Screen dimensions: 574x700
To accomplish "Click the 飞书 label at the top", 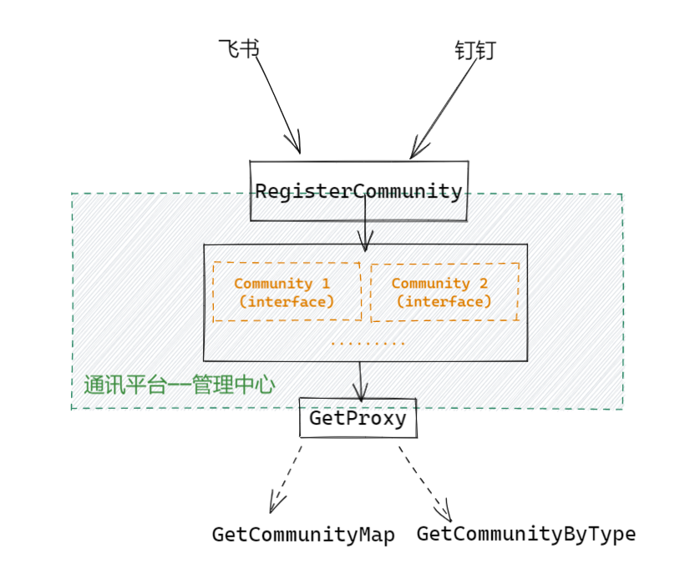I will coord(238,49).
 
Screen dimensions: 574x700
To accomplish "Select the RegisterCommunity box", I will coord(359,191).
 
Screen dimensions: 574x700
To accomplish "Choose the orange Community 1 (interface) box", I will coord(287,292).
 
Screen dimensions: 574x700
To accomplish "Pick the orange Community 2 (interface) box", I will coord(444,292).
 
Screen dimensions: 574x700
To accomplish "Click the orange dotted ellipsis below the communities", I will coord(368,343).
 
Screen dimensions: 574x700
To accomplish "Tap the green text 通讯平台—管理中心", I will coord(179,385).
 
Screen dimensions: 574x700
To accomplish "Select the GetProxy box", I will coord(358,418).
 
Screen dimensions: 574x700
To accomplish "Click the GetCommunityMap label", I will coord(302,534).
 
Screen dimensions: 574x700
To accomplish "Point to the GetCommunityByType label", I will coord(526,533).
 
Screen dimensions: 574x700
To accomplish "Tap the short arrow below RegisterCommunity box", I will coord(364,234).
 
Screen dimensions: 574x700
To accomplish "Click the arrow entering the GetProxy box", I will coord(360,381).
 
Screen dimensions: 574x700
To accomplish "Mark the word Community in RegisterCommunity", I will coord(408,191).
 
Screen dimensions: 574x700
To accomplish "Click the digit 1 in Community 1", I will coord(325,284).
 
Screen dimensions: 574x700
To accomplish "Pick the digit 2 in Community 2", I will coord(483,284).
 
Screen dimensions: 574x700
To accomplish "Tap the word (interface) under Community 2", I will coord(444,301).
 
